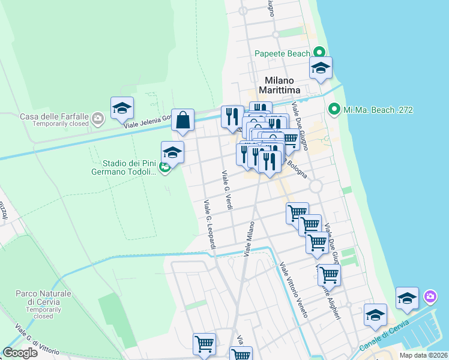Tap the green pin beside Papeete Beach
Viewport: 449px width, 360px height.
pyautogui.click(x=320, y=53)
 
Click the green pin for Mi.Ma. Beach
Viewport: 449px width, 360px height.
pyautogui.click(x=334, y=110)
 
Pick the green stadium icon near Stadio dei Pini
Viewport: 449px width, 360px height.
pyautogui.click(x=164, y=167)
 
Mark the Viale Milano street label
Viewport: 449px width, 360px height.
pyautogui.click(x=250, y=239)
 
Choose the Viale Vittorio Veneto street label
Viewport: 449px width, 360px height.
pyautogui.click(x=294, y=290)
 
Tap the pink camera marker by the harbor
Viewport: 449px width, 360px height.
pyautogui.click(x=430, y=296)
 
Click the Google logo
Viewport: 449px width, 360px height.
pyautogui.click(x=20, y=353)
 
